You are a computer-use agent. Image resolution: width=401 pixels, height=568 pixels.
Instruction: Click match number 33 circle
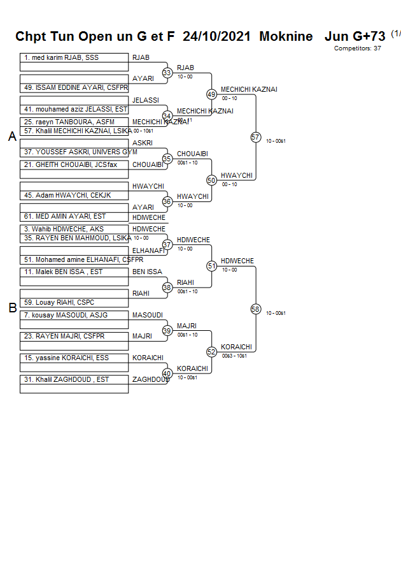point(167,73)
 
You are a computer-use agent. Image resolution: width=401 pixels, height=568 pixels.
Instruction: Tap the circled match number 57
point(256,138)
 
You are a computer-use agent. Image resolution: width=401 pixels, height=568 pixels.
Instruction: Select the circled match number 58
point(256,309)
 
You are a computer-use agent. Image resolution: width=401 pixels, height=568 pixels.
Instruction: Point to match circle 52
point(212,351)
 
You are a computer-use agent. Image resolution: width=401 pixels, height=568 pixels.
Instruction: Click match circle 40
point(167,373)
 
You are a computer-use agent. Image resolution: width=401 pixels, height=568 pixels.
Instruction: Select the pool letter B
point(12,308)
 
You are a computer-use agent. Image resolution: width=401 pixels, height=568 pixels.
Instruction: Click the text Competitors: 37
point(358,48)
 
